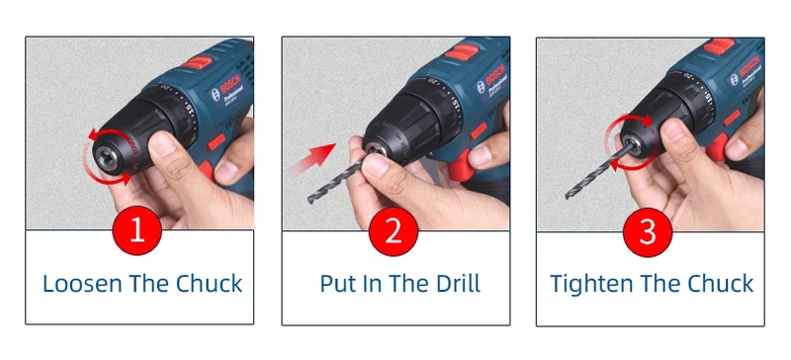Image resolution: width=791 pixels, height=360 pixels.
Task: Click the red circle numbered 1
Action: tap(137, 230)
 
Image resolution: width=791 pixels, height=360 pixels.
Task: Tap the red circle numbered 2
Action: tap(394, 231)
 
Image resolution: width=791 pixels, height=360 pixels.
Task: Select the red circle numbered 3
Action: tap(648, 232)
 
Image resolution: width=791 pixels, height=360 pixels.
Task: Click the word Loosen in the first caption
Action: tap(83, 283)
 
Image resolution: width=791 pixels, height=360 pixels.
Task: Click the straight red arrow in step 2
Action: tap(312, 158)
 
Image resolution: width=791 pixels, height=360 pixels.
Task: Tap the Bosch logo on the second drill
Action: tap(490, 76)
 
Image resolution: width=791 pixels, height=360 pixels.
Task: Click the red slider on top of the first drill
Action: tap(197, 62)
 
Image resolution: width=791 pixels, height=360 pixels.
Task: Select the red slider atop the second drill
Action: tap(461, 51)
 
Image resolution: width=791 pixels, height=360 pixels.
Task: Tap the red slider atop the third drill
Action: tap(720, 45)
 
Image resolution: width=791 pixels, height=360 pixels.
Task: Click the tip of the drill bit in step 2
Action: tap(310, 201)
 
